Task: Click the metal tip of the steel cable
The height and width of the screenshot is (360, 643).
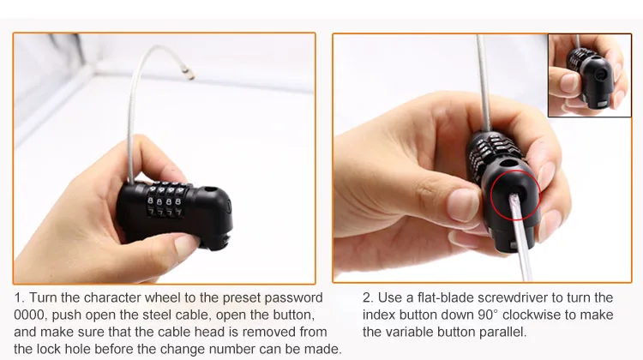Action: pos(189,74)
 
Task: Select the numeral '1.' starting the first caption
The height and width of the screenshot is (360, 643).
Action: pos(20,297)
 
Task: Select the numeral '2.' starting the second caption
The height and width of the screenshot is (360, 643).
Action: pos(368,297)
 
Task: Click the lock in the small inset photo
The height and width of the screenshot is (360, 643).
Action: pos(591,78)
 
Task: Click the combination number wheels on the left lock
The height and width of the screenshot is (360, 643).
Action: pos(165,200)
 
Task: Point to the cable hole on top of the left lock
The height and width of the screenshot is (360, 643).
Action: pos(210,189)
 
